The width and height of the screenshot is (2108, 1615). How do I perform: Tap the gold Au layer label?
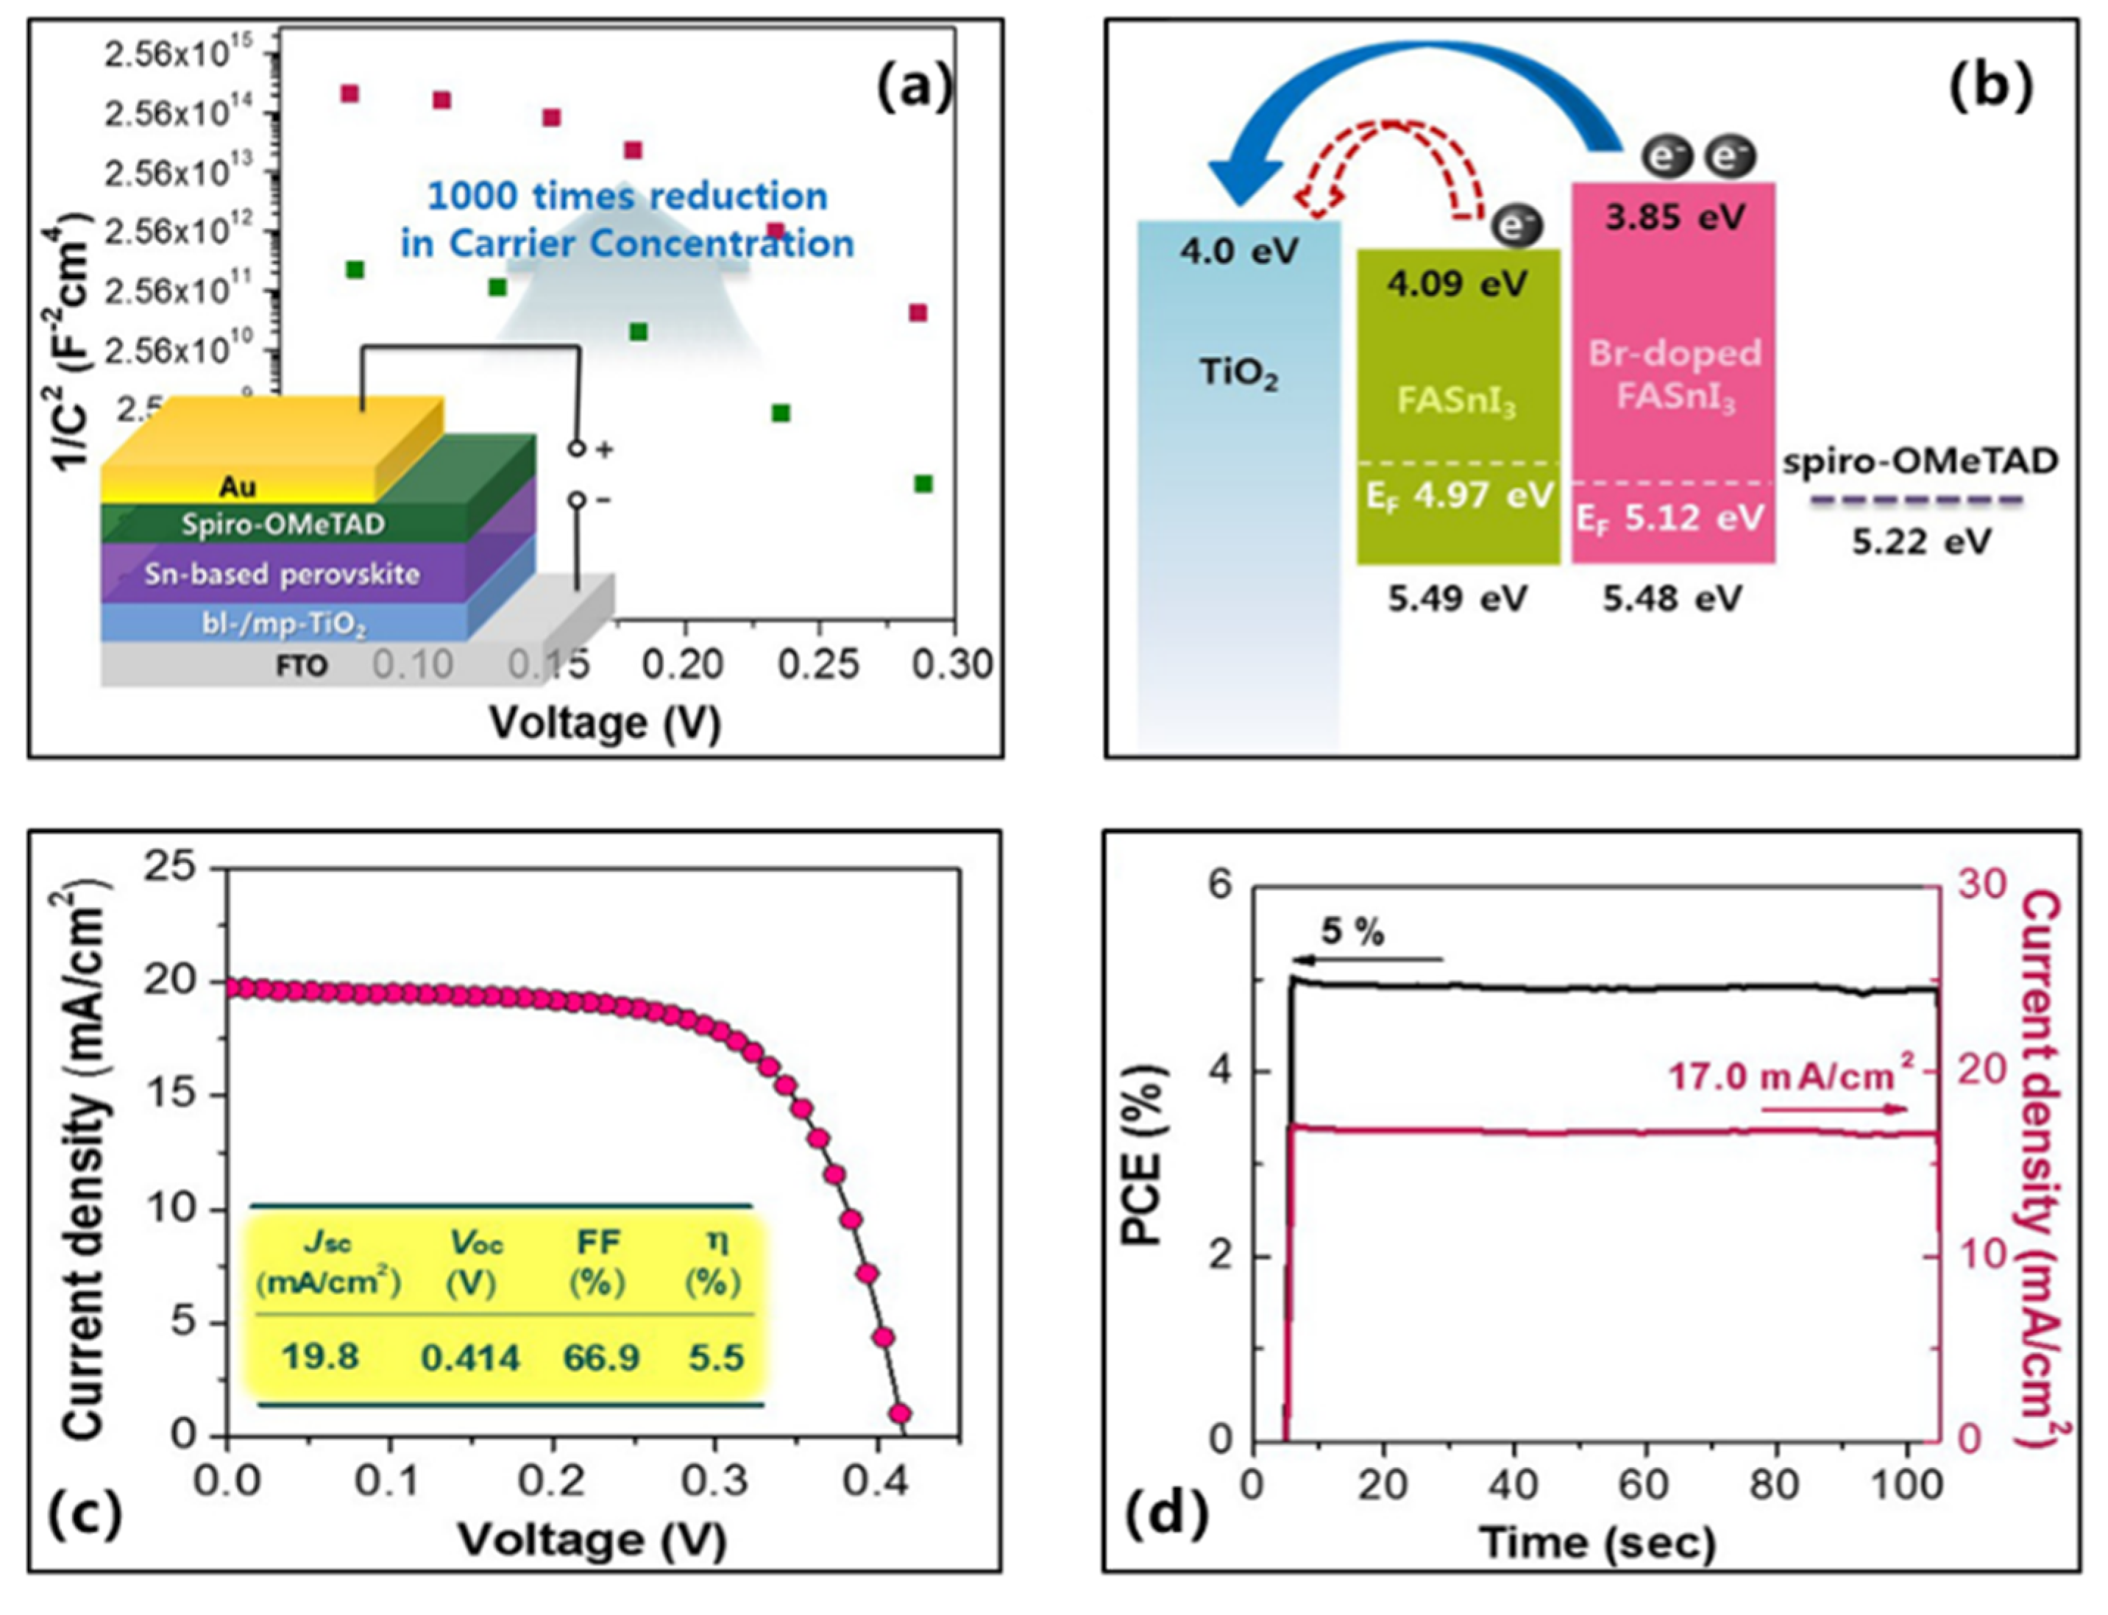[238, 486]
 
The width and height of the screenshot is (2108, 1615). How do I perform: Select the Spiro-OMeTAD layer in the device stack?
[283, 524]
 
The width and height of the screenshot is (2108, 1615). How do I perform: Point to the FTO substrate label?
[302, 665]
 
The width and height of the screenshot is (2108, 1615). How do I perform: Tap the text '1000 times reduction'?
[627, 196]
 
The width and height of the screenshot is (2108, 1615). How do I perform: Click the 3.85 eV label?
[1675, 217]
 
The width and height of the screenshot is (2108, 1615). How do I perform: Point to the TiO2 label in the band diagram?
[1239, 373]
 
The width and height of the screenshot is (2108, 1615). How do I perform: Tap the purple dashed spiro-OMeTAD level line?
[1917, 500]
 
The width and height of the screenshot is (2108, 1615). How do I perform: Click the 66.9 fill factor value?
[601, 1357]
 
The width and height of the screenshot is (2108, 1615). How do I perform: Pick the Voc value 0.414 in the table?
[470, 1357]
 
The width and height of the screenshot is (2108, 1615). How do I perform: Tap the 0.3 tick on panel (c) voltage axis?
[714, 1481]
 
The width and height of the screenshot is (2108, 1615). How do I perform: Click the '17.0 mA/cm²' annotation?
[1781, 1076]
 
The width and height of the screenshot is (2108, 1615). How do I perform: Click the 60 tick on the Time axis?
[1643, 1484]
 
